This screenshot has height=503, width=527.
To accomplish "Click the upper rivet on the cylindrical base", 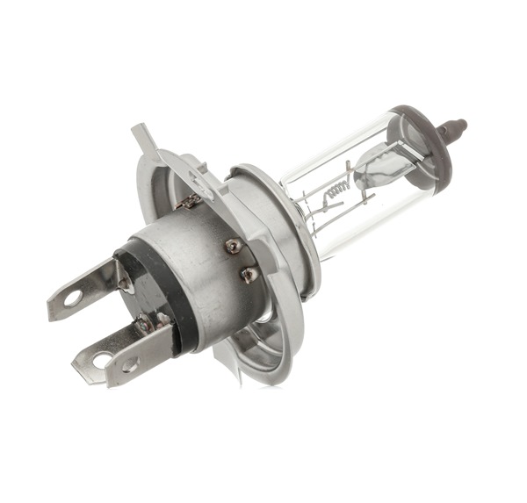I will pyautogui.click(x=233, y=247).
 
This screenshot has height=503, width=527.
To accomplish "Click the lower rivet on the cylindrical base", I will pyautogui.click(x=249, y=274).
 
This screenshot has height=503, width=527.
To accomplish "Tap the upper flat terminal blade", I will pyautogui.click(x=83, y=291).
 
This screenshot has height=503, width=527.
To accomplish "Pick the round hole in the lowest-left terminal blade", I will pyautogui.click(x=98, y=360).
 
